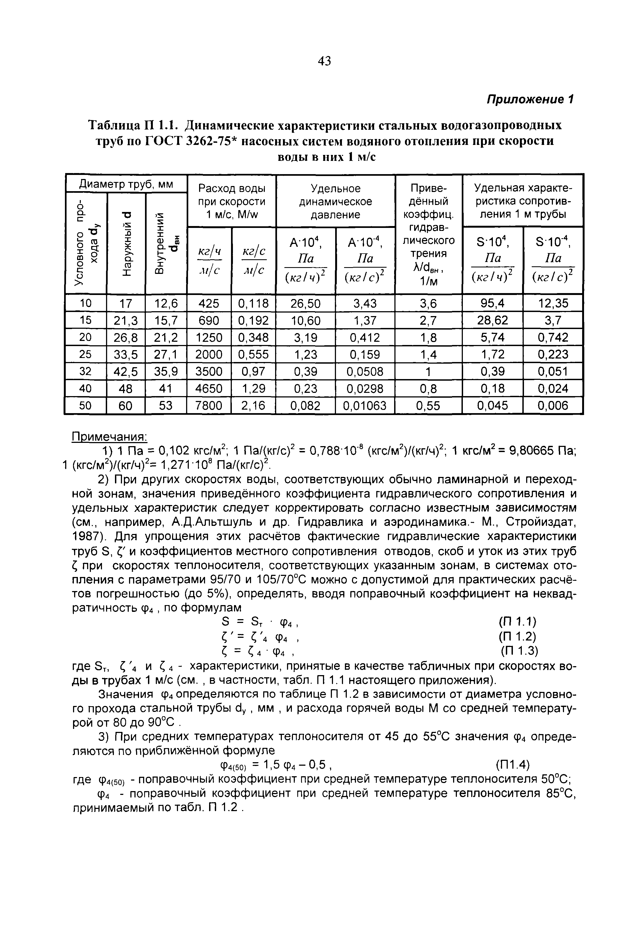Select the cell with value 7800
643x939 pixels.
click(x=209, y=405)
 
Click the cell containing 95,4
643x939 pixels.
click(x=492, y=303)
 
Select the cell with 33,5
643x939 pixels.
click(x=126, y=354)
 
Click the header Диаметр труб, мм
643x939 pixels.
click(x=126, y=184)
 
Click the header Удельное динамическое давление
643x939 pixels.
click(x=335, y=201)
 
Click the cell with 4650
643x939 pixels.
click(x=209, y=388)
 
